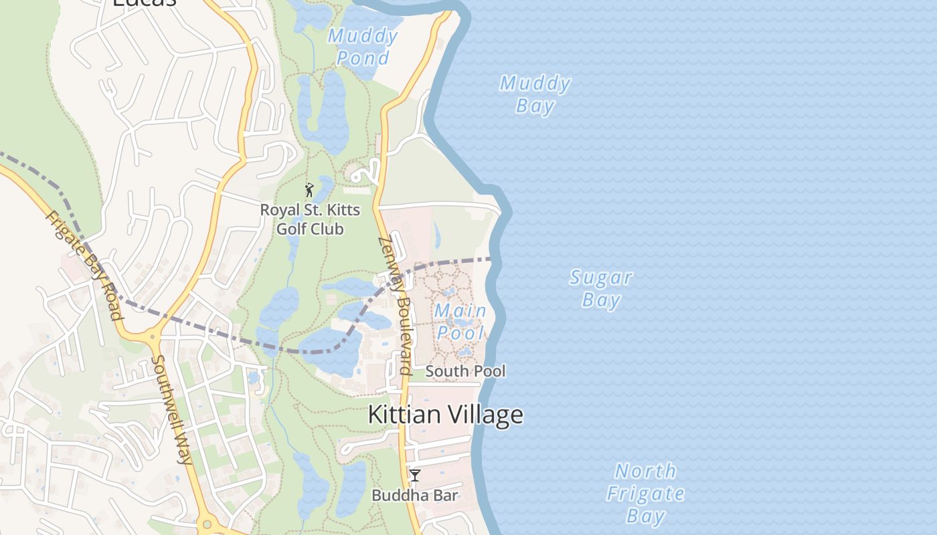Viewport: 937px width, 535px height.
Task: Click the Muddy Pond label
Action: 363,46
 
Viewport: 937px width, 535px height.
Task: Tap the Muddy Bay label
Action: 535,94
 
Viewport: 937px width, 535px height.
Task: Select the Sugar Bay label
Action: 601,288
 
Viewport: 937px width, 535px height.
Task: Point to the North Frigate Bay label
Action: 646,493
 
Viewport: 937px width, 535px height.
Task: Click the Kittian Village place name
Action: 446,415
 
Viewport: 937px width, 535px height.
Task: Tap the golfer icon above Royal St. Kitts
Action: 309,190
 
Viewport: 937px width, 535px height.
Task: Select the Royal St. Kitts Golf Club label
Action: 310,219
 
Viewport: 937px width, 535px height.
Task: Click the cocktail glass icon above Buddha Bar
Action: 415,475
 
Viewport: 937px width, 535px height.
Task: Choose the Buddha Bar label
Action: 415,496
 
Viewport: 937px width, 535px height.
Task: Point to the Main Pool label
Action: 460,322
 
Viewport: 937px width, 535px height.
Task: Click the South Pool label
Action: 466,371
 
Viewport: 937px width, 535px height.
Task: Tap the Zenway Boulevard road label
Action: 395,305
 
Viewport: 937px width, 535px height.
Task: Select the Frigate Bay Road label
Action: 84,265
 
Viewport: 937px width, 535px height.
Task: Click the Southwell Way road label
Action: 171,409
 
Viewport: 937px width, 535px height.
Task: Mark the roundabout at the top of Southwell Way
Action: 153,338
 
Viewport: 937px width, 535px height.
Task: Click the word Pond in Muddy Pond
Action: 363,58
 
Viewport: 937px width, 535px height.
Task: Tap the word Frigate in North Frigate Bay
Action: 646,494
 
